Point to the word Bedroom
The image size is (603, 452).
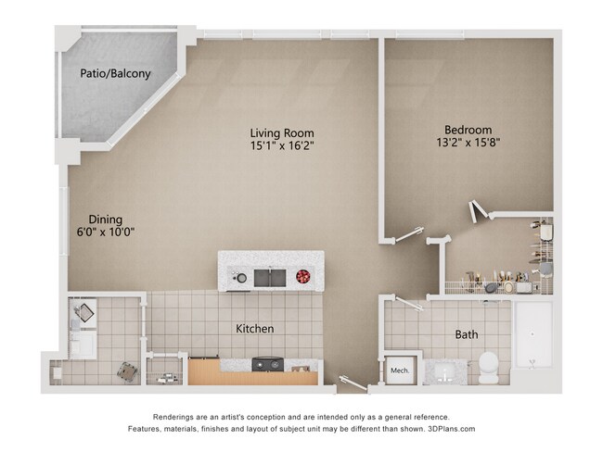(468, 130)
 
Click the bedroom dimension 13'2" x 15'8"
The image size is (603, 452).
(468, 144)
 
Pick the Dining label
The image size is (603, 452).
(106, 220)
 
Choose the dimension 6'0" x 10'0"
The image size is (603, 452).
(106, 233)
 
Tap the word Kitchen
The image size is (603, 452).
(254, 329)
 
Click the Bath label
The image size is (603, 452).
(466, 334)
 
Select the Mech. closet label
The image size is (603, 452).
(400, 370)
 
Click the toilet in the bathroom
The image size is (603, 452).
(488, 368)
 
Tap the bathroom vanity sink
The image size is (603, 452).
(443, 373)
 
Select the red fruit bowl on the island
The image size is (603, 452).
(302, 275)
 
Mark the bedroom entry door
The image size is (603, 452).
(409, 235)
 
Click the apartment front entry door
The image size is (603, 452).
(353, 382)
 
